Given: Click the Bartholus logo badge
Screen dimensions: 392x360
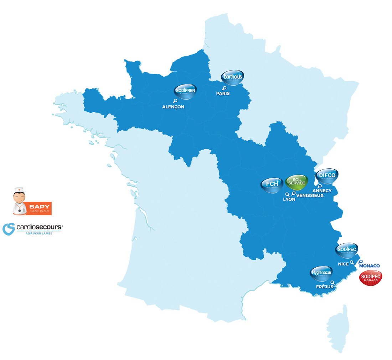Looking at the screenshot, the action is coord(232,78).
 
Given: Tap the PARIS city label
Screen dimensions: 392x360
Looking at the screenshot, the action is coord(223,93).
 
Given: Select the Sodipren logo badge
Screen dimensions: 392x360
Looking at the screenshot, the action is coord(185,91).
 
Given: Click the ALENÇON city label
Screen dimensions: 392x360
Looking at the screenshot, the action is coord(173,106).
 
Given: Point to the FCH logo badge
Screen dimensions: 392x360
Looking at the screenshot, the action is coord(272,184).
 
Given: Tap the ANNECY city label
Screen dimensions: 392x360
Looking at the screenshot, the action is coord(322,191).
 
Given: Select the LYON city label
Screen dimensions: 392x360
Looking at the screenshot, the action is coord(289,199).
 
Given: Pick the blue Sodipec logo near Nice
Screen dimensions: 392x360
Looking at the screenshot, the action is coord(346,250).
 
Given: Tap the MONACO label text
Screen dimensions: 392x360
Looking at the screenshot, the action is coord(370,266).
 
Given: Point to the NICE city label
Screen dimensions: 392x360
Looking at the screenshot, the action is coord(343,264).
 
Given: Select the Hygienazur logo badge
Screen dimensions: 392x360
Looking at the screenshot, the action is coord(321,273).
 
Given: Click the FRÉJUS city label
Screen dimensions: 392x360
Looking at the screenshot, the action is coord(325,287).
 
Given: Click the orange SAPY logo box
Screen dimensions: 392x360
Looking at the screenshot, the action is coord(39,208).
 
